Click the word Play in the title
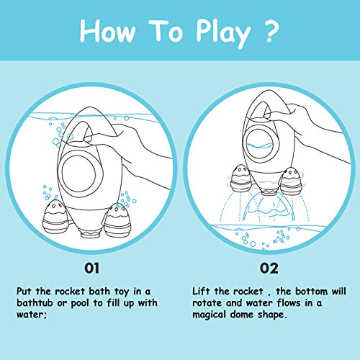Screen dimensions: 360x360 223,34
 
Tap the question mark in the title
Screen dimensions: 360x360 271,31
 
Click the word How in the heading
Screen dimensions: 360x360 107,31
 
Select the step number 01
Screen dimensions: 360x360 91,269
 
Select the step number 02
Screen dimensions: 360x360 269,269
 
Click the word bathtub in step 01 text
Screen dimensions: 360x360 35,303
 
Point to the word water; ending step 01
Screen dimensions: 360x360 31,315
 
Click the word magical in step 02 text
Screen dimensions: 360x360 209,315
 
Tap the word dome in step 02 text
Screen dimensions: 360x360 242,315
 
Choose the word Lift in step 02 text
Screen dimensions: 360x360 201,292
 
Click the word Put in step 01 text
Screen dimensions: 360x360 24,292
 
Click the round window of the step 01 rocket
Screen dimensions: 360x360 78,174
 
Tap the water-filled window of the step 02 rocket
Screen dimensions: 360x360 260,142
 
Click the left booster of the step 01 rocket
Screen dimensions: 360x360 55,217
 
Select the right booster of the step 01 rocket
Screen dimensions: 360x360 117,220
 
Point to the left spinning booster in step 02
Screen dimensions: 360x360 241,179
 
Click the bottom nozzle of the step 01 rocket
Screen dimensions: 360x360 90,233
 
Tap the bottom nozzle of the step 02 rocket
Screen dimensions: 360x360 269,192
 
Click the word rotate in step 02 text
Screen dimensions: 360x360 207,303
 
